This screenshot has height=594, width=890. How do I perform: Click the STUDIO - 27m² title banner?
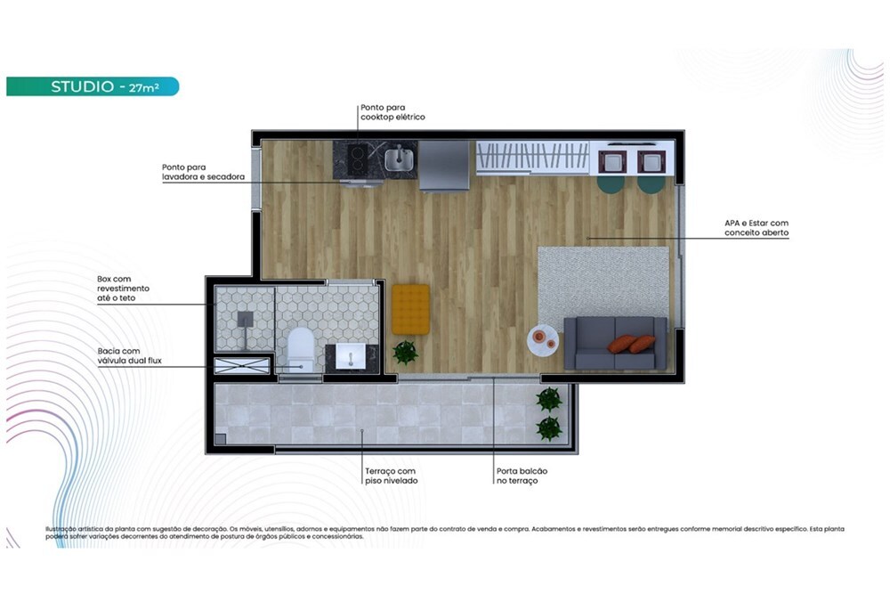coord(93,86)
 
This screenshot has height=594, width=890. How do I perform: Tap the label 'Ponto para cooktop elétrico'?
coord(392,112)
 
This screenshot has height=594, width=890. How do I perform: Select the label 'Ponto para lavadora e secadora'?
coord(203,172)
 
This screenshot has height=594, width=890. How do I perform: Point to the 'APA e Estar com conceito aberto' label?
coord(756,228)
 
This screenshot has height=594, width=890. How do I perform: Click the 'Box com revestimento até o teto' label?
coord(124,289)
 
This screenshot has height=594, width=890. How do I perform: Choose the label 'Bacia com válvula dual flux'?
coord(130,356)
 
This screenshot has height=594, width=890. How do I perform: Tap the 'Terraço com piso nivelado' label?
coord(391,476)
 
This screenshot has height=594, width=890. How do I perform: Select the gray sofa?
coord(615,344)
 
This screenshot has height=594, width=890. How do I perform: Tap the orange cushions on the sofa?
coord(631,344)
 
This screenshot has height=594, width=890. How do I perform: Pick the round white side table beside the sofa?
coord(542,338)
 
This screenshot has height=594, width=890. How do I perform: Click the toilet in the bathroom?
coord(301,346)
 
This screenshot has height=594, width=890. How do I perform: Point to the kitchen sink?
coord(400,159)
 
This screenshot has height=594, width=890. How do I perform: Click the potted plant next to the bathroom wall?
coord(405,353)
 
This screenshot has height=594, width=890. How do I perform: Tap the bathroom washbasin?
coord(351,356)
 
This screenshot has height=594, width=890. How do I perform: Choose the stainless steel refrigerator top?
coord(444,165)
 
